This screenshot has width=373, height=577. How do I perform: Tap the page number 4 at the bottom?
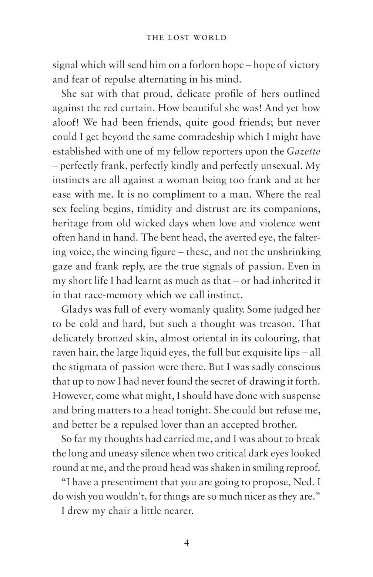click(x=186, y=543)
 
